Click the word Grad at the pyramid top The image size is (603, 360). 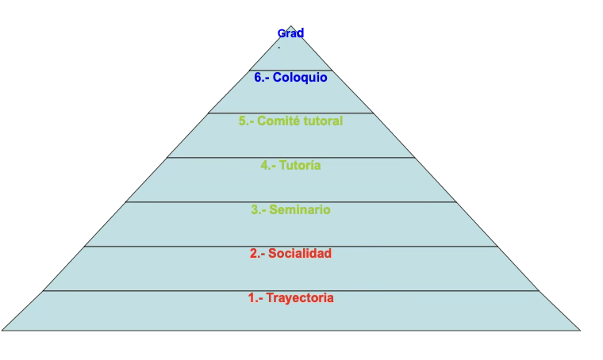pos(290,33)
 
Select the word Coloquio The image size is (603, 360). pos(300,78)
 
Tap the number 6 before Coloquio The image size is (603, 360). pos(258,77)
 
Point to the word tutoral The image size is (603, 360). pos(323,121)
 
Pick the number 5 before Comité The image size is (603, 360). pos(243,121)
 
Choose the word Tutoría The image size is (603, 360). pos(300,165)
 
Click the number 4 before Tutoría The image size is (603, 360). pos(265,165)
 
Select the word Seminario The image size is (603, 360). pos(300,209)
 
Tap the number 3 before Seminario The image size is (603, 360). pos(255,209)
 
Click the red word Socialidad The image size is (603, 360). pos(300,254)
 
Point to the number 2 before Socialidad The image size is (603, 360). pos(254,254)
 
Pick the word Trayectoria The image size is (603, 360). pos(300,298)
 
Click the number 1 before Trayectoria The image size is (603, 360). pos(252,298)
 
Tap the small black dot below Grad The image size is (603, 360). pos(278,48)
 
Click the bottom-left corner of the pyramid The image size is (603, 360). pos(2,331)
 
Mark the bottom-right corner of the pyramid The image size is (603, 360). pos(580,331)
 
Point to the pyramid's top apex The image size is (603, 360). pos(290,25)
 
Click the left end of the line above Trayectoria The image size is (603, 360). pos(43,291)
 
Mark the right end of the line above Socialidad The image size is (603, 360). pos(497,247)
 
